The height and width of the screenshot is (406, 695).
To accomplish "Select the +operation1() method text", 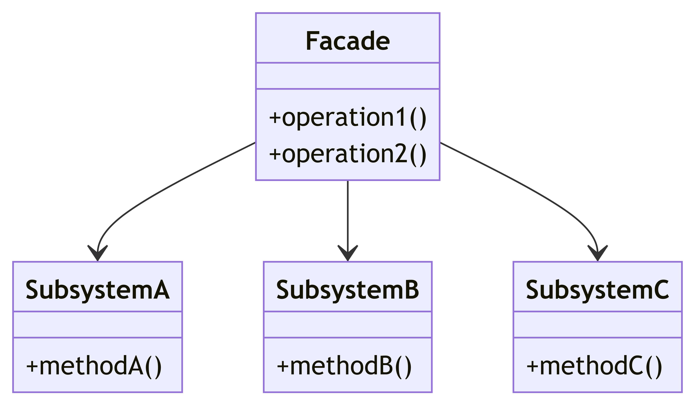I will pos(347,117).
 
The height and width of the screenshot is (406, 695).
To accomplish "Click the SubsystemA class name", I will pos(97,290).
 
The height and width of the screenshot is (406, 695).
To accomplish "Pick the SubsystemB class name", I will pos(347,290).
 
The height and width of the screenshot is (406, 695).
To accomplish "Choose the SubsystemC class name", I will pos(597,290).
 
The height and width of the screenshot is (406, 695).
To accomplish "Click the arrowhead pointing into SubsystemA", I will pos(97,253).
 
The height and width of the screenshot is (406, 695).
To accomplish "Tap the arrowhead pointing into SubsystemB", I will pos(347,253).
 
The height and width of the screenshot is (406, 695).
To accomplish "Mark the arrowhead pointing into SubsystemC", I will pos(597,253).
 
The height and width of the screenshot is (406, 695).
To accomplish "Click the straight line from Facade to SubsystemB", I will pos(347,212).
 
